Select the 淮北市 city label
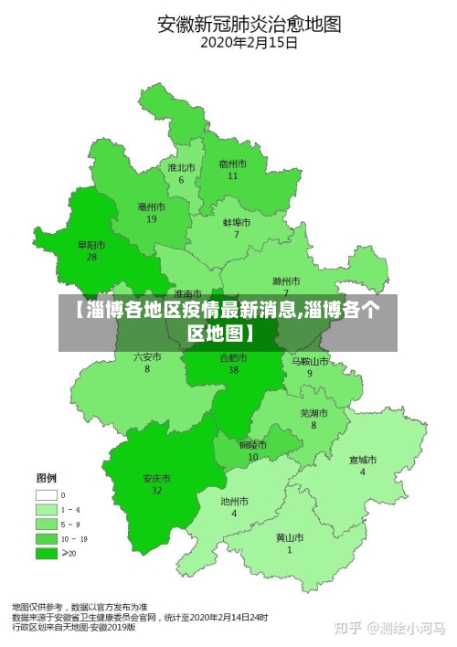181,167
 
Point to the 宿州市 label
233,163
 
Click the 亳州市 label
152,207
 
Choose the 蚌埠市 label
236,222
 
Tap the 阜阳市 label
91,245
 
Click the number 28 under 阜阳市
91,258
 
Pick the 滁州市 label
286,281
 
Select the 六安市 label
147,356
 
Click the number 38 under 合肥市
234,370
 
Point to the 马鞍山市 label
310,361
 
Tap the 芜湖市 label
314,413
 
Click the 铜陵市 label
253,445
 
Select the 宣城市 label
362,460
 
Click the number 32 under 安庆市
157,491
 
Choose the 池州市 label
234,502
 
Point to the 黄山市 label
290,537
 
